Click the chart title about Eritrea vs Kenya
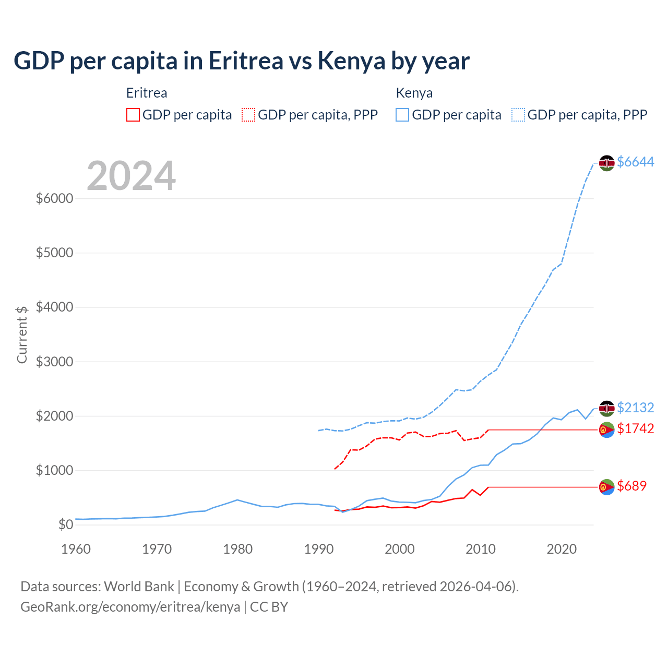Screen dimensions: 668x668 242,61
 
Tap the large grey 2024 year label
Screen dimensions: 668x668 131,176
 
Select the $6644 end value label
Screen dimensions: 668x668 635,162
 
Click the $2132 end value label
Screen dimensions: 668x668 635,408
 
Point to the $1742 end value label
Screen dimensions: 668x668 635,428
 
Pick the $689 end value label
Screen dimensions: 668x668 631,486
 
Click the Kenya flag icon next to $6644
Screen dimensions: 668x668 606,163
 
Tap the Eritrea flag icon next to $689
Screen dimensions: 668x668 606,487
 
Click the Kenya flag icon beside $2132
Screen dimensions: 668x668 606,408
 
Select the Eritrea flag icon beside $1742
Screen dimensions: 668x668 606,430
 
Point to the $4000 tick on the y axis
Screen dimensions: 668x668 54,307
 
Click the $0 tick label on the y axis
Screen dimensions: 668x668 65,524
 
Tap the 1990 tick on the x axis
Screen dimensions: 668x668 319,549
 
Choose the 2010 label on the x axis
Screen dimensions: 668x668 481,549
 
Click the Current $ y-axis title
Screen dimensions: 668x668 22,335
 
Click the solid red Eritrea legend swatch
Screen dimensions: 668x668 133,115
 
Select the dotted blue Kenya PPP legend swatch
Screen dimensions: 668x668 518,115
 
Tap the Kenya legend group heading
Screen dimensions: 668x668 414,93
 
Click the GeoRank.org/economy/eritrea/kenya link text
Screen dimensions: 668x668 130,607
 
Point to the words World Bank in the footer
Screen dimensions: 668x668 139,587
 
